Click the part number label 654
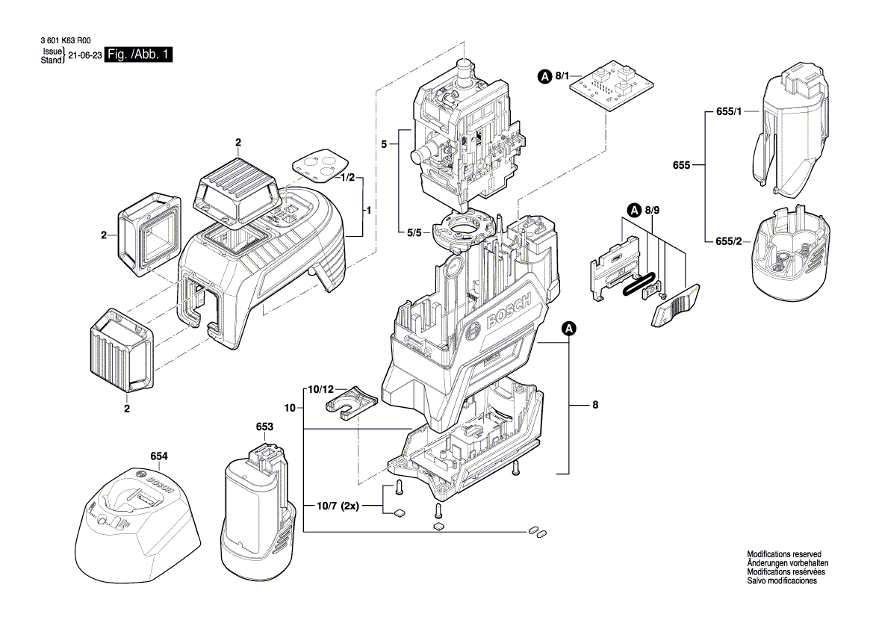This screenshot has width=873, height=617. pos(158,456)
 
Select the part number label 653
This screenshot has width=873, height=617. pos(264,427)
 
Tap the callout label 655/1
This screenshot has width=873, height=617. pos(728,111)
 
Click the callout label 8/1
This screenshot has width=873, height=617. pos(561,76)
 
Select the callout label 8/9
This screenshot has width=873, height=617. pos(652,211)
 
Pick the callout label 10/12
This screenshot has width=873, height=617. pos(322,390)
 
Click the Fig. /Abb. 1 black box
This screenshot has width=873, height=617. pos(138,55)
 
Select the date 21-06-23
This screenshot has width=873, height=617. pos(84,56)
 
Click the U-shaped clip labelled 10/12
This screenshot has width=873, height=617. pos(351,403)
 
